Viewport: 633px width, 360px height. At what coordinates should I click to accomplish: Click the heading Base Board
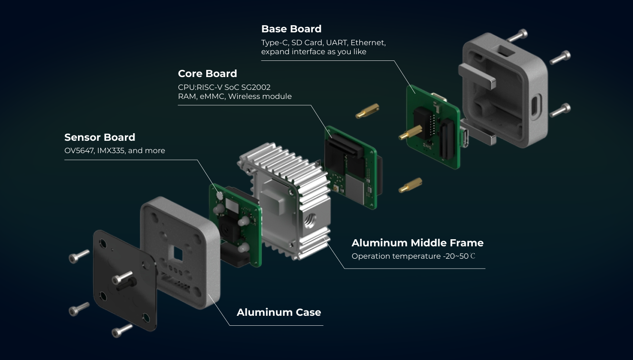click(291, 29)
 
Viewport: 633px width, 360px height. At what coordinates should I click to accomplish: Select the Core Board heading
click(207, 74)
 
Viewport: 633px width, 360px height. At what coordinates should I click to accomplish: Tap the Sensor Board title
click(100, 137)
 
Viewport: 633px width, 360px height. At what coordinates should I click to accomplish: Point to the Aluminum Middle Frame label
click(417, 243)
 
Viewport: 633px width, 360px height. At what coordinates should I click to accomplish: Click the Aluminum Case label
click(278, 312)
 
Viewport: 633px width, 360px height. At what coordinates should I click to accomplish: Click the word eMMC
click(212, 97)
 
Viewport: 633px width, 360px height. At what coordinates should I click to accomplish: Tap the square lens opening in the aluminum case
click(177, 254)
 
